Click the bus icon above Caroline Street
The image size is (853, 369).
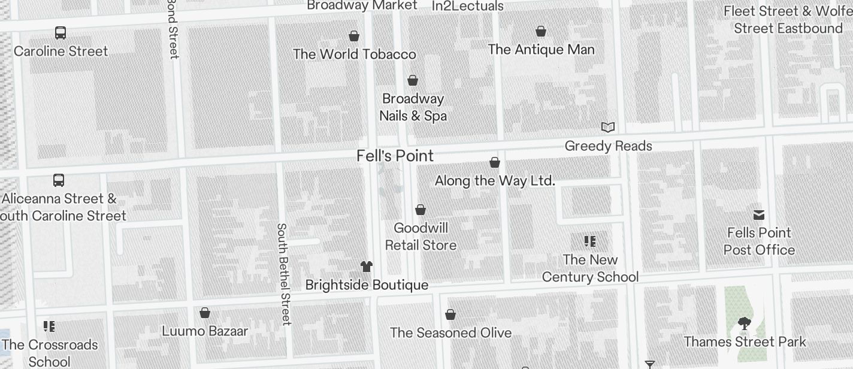click(x=61, y=33)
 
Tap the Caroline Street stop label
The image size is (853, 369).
click(x=61, y=52)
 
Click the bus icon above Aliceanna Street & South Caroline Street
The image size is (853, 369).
click(x=59, y=180)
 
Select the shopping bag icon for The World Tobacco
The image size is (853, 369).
click(x=354, y=36)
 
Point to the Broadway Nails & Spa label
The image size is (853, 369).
click(x=413, y=107)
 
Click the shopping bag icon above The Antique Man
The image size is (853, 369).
click(x=541, y=31)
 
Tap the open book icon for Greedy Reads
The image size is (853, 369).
click(x=608, y=127)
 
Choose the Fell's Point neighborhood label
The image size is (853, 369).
click(x=395, y=156)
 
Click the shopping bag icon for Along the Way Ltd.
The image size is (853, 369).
click(x=495, y=162)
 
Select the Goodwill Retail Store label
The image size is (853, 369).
click(x=421, y=237)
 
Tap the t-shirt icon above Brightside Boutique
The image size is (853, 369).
click(x=367, y=267)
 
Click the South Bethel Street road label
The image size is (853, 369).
click(x=283, y=274)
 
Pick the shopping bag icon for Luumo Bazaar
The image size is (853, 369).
click(x=205, y=313)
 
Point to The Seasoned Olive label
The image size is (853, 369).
click(x=450, y=333)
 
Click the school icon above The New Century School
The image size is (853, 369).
click(x=590, y=241)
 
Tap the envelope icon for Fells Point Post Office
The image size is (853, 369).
click(x=759, y=214)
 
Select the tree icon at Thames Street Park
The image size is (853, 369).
click(x=745, y=324)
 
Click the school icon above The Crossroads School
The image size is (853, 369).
click(x=49, y=326)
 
